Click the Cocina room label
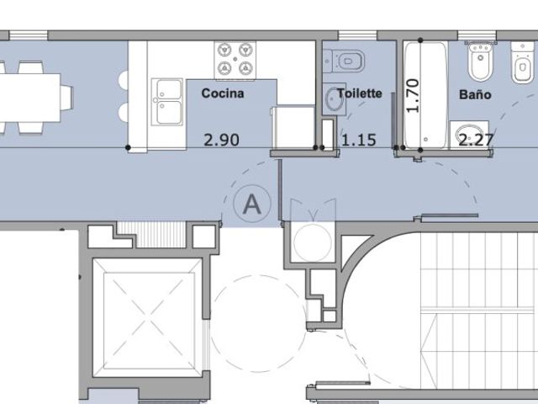[223, 93]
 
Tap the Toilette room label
[359, 93]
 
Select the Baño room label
[475, 94]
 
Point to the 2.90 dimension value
[221, 140]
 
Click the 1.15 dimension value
[359, 140]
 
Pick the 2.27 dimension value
[477, 140]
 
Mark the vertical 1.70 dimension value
[413, 95]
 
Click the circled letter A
[252, 204]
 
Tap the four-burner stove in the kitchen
[235, 61]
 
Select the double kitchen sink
[168, 102]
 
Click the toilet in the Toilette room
[344, 61]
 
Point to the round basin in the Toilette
[334, 99]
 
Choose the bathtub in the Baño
[426, 95]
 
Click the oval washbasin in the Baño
[469, 135]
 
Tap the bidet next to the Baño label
[480, 61]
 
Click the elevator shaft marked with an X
[149, 317]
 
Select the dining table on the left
[30, 98]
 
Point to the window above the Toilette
[357, 35]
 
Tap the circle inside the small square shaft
[313, 242]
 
